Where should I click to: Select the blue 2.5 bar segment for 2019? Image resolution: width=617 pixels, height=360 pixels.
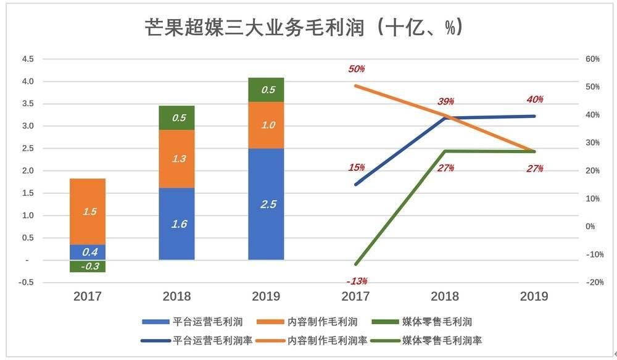click(x=266, y=204)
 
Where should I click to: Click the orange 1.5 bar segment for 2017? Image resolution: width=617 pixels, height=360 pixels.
click(x=88, y=211)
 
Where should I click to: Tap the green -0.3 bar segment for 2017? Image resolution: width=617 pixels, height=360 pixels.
click(x=88, y=266)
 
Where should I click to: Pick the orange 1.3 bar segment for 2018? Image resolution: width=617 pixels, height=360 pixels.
click(x=176, y=159)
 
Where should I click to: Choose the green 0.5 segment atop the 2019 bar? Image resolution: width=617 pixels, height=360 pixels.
click(x=266, y=90)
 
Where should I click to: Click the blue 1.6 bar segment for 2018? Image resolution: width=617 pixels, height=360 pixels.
click(x=176, y=224)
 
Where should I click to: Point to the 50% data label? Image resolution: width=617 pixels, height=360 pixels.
click(x=357, y=69)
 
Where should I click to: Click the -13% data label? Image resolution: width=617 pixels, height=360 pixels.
click(x=357, y=282)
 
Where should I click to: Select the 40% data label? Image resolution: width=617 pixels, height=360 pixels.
click(x=535, y=100)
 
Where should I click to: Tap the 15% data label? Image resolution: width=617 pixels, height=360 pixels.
click(x=357, y=167)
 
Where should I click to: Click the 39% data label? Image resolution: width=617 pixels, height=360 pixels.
click(x=446, y=101)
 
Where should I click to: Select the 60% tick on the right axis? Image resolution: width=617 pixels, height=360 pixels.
click(x=592, y=59)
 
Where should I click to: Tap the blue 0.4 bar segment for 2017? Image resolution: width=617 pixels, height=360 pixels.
click(x=88, y=252)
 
